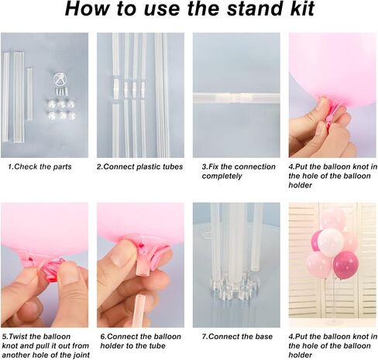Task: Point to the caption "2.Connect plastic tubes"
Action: (138, 166)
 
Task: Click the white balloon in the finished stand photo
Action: (330, 242)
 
